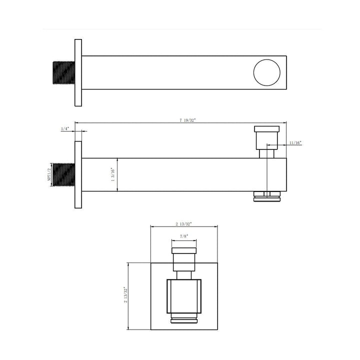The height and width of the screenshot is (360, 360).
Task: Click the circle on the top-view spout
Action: click(267, 72)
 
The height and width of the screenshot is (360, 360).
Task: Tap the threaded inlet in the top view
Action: click(63, 72)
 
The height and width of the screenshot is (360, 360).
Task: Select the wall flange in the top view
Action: click(78, 72)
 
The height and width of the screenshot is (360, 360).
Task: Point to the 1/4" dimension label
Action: click(65, 129)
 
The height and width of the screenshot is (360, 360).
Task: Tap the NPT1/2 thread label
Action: click(49, 174)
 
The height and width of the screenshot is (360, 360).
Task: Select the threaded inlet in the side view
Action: click(63, 174)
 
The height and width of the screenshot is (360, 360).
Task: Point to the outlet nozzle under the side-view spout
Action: click(267, 196)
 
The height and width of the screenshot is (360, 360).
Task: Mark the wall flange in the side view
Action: click(78, 174)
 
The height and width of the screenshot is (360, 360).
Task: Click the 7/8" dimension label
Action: click(184, 236)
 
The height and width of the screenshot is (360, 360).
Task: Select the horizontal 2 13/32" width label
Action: click(184, 223)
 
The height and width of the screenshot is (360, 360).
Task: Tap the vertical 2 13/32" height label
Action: click(125, 296)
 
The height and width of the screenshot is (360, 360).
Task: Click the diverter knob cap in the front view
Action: click(184, 251)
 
